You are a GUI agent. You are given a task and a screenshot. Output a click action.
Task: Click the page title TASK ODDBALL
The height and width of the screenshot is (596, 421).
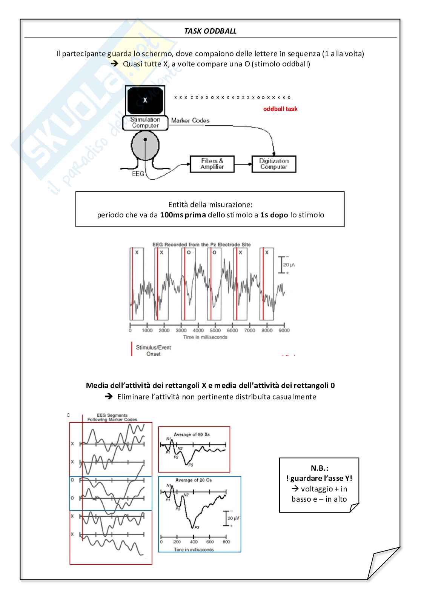pos(210,31)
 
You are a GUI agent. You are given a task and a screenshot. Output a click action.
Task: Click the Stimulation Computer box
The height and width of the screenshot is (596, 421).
pos(145,123)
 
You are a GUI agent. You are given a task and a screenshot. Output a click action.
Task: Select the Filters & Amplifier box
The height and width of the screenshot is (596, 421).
pos(212,164)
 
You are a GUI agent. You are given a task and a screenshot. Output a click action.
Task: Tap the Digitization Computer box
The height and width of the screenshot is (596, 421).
pos(274,164)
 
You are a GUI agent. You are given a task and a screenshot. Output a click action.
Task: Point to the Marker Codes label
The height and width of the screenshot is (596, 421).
pos(190,120)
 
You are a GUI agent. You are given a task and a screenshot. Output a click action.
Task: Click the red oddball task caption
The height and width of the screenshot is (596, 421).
pos(280,109)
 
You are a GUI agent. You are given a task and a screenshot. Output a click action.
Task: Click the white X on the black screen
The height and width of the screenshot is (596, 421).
pos(145,100)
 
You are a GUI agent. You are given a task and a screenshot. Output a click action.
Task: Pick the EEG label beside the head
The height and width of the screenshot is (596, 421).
pos(138,174)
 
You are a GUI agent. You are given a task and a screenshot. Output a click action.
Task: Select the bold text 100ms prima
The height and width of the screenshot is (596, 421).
pos(183,215)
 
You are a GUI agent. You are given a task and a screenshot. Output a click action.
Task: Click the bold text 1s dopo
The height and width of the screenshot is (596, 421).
pos(274,215)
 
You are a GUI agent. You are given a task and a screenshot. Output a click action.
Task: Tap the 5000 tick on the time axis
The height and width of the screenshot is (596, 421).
pos(215,330)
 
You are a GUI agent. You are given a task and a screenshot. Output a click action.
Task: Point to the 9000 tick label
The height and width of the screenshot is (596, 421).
pos(284,330)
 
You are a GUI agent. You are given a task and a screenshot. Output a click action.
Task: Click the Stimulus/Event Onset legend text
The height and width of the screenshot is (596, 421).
pos(154,351)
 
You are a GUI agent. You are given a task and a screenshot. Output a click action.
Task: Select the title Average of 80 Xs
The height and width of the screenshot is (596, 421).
pos(192,434)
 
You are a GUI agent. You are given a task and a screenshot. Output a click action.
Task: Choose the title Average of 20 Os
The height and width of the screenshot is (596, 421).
pos(194,480)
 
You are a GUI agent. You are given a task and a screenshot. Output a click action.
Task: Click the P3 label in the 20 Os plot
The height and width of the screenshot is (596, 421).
pos(197,527)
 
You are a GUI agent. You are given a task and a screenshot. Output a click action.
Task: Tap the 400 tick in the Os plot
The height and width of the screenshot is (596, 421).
pos(194,542)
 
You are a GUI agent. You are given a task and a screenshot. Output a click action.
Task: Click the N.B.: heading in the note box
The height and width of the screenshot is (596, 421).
pos(319,468)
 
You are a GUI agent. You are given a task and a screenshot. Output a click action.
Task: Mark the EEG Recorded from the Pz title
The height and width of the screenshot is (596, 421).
pos(201,245)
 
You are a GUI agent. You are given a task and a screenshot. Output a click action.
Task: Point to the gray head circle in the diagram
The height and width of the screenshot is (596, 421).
pos(145,145)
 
